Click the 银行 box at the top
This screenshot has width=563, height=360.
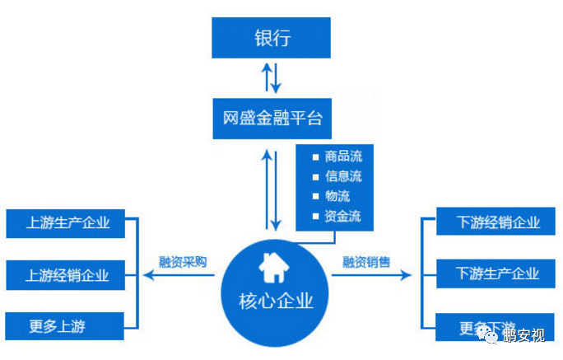[272, 38]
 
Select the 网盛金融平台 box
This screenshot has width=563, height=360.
[272, 119]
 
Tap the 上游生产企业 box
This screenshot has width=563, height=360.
[68, 222]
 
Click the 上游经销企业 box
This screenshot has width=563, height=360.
[68, 274]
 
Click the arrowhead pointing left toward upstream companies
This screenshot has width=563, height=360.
[146, 274]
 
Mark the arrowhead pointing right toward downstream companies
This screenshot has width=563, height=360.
[406, 274]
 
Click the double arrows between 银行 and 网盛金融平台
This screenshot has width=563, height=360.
[272, 78]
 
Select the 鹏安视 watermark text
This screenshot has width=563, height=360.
[526, 335]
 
